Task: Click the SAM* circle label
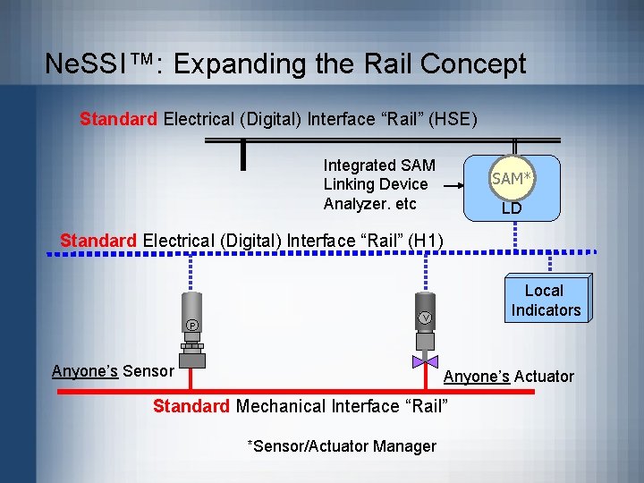coord(513,179)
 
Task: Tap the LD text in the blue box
coord(512,208)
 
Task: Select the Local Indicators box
coord(546,301)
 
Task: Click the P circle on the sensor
coord(192,324)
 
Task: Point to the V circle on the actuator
coord(426,318)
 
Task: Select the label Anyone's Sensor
coord(113,371)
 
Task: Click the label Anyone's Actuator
coord(509,377)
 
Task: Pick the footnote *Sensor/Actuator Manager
coord(342,445)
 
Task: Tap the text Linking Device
coord(376,184)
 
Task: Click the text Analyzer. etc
coord(370,204)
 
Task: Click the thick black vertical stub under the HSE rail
coord(242,155)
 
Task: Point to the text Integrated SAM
coord(379,165)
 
